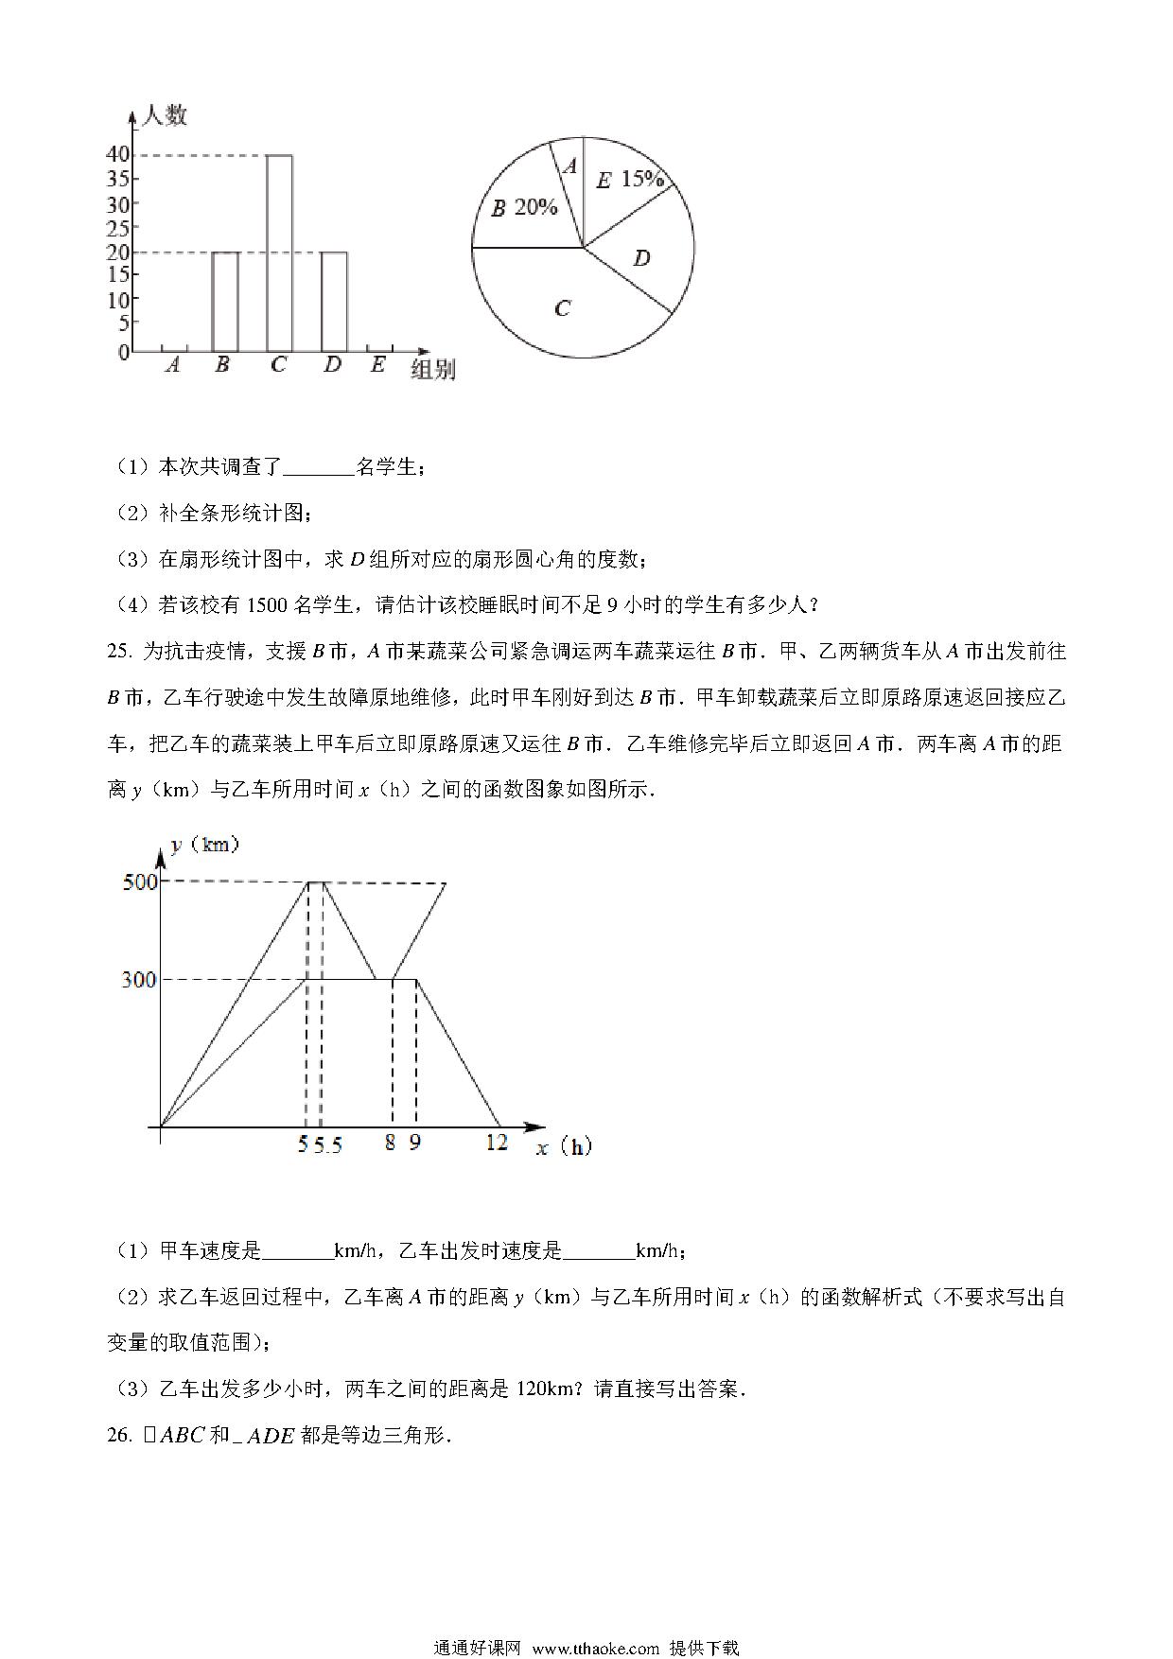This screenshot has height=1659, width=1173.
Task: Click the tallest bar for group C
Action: coord(279,253)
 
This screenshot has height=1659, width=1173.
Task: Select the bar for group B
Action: coord(224,302)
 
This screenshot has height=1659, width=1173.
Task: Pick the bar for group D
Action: coord(334,302)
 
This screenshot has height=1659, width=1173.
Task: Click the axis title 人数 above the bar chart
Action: coord(164,116)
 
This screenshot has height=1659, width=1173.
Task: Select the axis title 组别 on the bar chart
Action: coord(433,370)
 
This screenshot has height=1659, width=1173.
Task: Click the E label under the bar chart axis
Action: coord(377,363)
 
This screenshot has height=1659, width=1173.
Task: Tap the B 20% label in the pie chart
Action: coord(524,208)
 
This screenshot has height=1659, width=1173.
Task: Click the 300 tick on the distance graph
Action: coord(139,980)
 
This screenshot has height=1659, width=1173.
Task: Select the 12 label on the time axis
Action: coord(497,1143)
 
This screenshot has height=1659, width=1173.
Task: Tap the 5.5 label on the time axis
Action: coord(328,1144)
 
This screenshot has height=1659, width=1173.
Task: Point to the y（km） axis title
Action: coord(205,844)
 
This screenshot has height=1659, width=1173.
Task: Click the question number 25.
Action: coord(118,652)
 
